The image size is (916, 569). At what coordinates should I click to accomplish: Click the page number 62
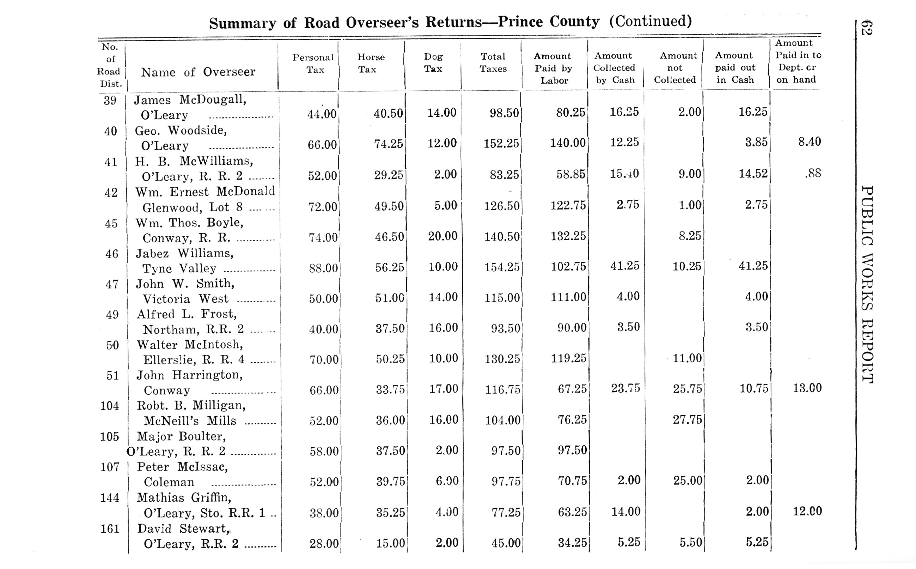point(866,28)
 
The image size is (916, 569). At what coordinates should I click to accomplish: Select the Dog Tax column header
point(433,62)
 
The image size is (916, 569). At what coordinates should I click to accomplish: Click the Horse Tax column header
point(371,63)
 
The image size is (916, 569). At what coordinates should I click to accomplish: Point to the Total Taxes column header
point(493,62)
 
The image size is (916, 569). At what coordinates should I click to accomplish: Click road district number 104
point(109,406)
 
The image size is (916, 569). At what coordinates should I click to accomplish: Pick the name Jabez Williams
point(185,253)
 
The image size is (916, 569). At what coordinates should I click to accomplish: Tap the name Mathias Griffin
point(184,497)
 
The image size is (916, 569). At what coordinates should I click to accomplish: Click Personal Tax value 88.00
point(323,268)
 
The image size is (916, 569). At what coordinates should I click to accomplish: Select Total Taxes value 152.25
point(501,143)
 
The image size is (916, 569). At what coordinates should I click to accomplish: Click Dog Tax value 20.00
point(442,236)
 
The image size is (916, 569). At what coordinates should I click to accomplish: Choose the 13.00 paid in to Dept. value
point(807,388)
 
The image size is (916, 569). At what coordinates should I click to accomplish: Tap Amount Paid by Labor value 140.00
point(568,143)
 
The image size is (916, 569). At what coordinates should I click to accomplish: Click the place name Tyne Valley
point(179,268)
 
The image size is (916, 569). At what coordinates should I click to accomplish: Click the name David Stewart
point(183,529)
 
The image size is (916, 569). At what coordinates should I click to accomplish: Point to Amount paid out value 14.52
point(753,173)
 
